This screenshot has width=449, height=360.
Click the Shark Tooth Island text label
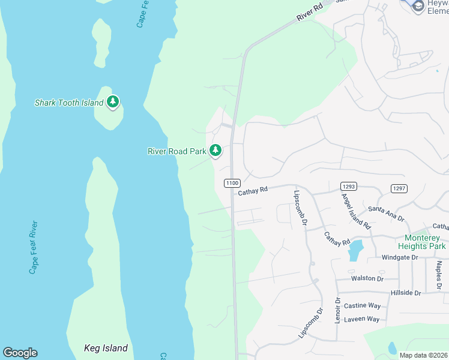[69, 103]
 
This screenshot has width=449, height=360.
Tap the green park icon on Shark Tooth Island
[113, 103]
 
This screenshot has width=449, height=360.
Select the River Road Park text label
[177, 151]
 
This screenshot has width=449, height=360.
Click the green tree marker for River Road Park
[215, 151]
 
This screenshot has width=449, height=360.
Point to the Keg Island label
[106, 348]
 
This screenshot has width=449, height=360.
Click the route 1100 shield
[232, 182]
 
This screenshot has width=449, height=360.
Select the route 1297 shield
[399, 188]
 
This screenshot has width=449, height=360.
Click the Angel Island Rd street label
[355, 211]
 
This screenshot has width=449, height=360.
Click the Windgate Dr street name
[399, 257]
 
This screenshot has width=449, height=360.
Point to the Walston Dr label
[367, 278]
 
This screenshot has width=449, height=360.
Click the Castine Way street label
[363, 306]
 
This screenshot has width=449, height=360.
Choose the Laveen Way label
[362, 319]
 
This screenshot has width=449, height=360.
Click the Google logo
[20, 353]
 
